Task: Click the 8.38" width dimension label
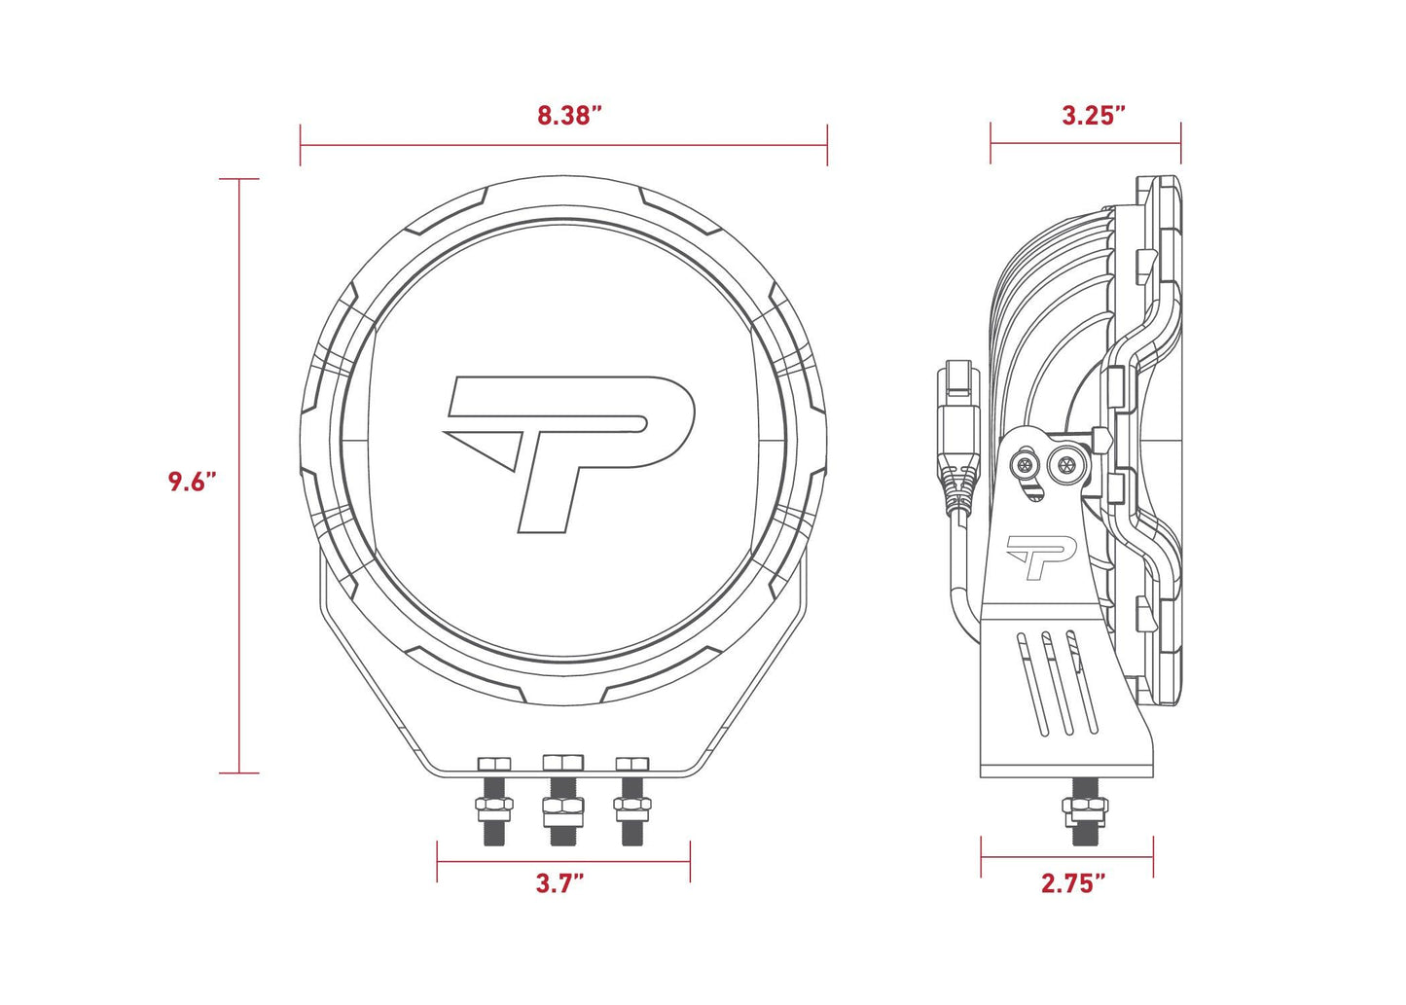(569, 116)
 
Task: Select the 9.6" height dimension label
(191, 481)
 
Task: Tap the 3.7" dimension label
(559, 883)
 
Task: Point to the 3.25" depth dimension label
(1094, 116)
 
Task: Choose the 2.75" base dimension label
(1073, 883)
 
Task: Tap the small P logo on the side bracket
(1039, 556)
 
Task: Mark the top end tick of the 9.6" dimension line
(238, 179)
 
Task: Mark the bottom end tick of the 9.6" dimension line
(238, 773)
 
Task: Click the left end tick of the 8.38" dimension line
(301, 145)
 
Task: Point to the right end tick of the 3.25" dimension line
(1180, 143)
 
